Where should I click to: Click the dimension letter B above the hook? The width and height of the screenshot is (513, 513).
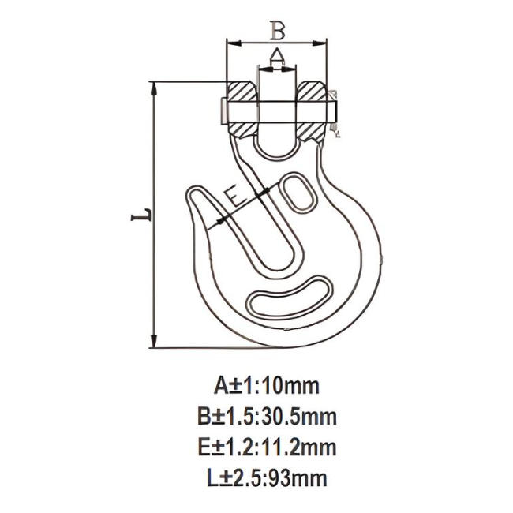point(276,30)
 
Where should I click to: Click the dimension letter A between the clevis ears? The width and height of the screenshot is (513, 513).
point(277,54)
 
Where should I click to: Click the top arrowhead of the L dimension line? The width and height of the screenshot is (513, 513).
point(154,85)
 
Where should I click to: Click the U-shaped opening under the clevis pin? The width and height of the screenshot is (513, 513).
point(277,138)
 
